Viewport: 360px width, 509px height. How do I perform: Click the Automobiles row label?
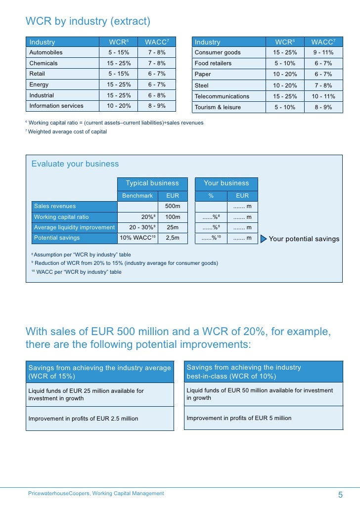(46, 52)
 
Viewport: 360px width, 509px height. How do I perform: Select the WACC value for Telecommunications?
(323, 96)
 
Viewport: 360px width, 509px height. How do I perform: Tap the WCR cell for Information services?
(119, 105)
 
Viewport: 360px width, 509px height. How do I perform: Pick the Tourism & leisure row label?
(218, 107)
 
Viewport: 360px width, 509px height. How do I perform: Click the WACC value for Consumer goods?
(323, 52)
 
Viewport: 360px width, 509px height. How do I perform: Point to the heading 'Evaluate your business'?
(75, 164)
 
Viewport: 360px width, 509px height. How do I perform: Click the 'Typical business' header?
(152, 183)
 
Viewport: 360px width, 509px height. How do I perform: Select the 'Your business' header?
(226, 183)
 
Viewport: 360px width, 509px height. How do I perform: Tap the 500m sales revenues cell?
(173, 206)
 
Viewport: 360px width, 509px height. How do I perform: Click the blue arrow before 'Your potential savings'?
(264, 239)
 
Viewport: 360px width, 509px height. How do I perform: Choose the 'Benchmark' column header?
(137, 196)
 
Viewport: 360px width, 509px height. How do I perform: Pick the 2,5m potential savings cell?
(173, 238)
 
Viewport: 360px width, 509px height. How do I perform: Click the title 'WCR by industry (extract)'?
(88, 22)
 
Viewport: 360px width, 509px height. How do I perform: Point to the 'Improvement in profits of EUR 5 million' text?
(239, 418)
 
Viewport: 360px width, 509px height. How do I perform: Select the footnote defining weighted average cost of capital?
(67, 132)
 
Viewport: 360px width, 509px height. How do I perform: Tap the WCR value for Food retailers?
(285, 63)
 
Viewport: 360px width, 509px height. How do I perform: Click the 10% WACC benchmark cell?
(137, 238)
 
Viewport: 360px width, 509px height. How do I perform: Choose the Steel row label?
(202, 85)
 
